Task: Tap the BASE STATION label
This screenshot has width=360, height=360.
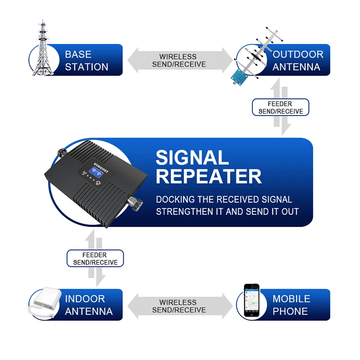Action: click(x=86, y=61)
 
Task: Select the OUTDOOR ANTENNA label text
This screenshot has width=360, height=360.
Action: click(x=297, y=61)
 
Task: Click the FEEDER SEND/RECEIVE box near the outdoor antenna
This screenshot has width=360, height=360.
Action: click(x=280, y=108)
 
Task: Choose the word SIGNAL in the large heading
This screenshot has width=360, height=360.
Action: click(x=192, y=158)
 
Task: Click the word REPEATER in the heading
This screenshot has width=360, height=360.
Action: click(x=208, y=177)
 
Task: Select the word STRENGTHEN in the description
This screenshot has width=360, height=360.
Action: click(x=183, y=211)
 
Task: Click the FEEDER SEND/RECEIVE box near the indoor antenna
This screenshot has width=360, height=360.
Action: click(x=95, y=259)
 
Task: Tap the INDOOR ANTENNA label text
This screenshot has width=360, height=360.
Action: click(x=89, y=305)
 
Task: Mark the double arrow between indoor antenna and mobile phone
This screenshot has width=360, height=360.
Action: click(x=179, y=306)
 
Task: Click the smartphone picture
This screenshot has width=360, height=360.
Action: click(x=252, y=300)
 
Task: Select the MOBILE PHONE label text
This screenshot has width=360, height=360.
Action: click(x=291, y=305)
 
